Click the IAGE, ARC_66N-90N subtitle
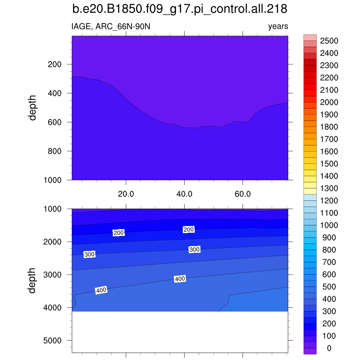point(111,26)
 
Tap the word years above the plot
point(278,26)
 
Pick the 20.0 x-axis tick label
point(126,194)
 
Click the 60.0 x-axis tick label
point(243,194)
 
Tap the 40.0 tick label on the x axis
point(184,194)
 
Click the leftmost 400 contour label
point(101,290)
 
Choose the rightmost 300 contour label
point(194,250)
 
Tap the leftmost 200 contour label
point(118,233)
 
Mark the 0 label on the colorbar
point(329,348)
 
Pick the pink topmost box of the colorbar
point(310,38)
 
